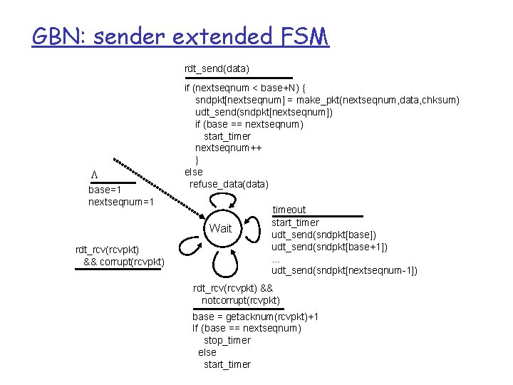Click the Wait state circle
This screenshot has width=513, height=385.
point(221,229)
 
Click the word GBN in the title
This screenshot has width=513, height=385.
point(58,35)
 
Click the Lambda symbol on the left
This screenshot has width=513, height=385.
point(93,175)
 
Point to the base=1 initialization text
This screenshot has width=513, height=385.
point(104,190)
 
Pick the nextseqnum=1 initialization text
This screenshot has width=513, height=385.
point(121,202)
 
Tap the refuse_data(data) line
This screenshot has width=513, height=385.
point(229,184)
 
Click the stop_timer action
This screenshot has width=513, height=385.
point(227,340)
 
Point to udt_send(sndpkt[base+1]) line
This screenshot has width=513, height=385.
point(329,247)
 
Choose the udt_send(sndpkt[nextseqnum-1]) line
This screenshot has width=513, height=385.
point(344,270)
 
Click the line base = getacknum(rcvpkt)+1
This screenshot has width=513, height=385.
point(255,316)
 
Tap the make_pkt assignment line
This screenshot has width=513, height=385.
point(327,99)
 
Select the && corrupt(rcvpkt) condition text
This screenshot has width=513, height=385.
point(124,262)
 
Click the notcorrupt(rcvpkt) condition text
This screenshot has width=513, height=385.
point(240,300)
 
